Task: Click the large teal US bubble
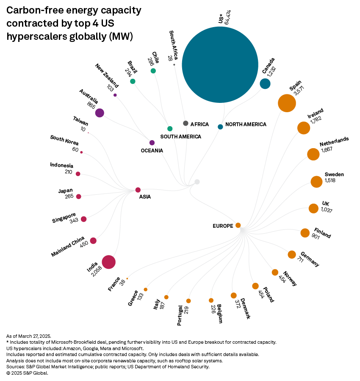tap(220, 64)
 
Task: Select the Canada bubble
tap(265, 83)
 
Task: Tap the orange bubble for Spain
tap(287, 103)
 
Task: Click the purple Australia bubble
tap(100, 113)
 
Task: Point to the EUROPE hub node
tap(238, 225)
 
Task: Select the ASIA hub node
tap(138, 190)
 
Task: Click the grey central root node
tap(197, 182)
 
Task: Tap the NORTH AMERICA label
tap(246, 124)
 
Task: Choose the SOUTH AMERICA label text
tap(180, 137)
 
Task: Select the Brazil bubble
tap(133, 81)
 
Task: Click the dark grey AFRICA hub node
tap(186, 123)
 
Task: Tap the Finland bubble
tap(305, 233)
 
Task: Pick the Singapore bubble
tap(84, 219)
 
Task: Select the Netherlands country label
tap(334, 142)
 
